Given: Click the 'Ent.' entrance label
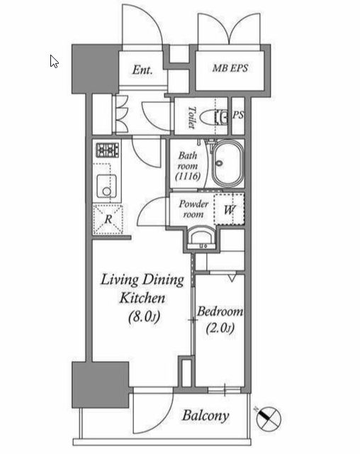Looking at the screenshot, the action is [142, 70].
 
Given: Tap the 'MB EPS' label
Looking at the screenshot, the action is [230, 68].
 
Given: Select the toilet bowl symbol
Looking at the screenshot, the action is [215, 117].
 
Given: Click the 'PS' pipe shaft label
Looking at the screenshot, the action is [238, 115].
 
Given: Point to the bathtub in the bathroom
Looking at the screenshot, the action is [229, 164].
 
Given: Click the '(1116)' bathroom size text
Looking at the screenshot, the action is [188, 176].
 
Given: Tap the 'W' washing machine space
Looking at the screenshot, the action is [230, 210].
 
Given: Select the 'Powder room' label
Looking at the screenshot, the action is [193, 209].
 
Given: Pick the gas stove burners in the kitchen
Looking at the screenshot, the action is [107, 150].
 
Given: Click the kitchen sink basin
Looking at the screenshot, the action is [106, 186].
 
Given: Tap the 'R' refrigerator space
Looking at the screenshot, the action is [108, 219].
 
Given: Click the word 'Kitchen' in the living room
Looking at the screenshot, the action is [142, 298].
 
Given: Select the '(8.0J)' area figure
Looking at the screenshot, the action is [144, 316].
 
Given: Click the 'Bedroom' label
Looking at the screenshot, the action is [220, 311].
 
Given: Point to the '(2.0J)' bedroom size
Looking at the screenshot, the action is [220, 328].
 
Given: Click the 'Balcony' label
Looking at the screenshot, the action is [206, 416].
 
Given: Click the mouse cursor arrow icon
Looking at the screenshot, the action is [54, 62].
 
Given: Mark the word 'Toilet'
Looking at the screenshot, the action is [191, 117].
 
